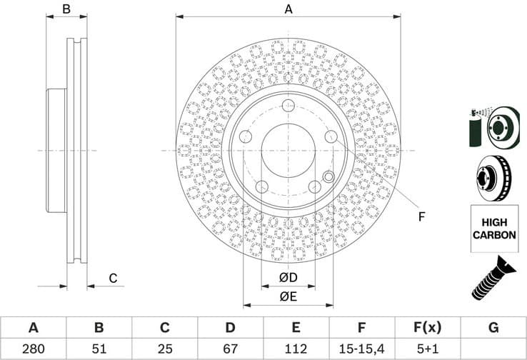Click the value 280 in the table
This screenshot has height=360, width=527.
point(33,349)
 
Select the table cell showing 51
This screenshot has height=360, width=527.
point(99,349)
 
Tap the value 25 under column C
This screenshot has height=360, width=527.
point(164,349)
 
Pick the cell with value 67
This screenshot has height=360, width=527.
point(230,349)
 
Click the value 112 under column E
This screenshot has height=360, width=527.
point(296,349)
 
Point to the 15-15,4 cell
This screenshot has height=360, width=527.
point(361,349)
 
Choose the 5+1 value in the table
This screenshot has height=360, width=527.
point(427,349)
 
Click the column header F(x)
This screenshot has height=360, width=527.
point(427,328)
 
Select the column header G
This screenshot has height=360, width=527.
point(493,328)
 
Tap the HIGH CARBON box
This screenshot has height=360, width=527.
point(493,229)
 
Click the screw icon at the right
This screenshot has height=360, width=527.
point(493,279)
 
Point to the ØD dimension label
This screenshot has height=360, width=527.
point(288,277)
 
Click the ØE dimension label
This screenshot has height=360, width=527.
point(288,296)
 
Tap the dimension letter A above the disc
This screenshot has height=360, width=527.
point(288,9)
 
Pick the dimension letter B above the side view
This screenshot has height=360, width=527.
point(66,9)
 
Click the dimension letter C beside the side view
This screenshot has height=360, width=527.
point(111,279)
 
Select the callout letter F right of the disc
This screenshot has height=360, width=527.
point(421,216)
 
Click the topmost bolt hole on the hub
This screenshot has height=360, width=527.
point(288,106)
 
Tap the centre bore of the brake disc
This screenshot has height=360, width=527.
point(288,150)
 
